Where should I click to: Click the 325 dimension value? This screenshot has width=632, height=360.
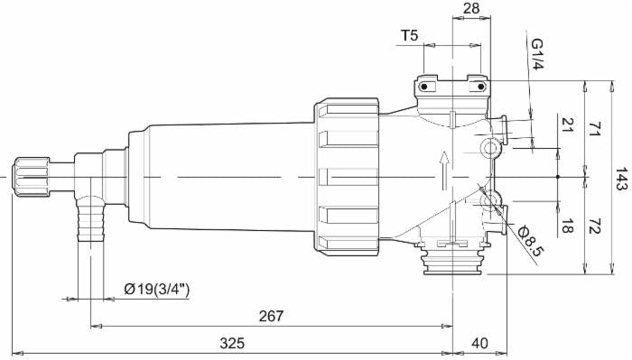click(x=232, y=344)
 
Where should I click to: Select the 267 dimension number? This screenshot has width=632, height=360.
click(x=271, y=316)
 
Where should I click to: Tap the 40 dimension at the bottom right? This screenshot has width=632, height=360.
click(x=479, y=344)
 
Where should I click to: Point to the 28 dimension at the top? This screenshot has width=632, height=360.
click(x=471, y=8)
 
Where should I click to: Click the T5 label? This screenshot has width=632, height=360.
click(x=410, y=36)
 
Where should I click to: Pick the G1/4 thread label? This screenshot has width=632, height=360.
click(x=537, y=54)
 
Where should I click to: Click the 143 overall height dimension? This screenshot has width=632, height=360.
click(x=621, y=179)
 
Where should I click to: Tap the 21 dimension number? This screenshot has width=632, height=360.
click(x=567, y=125)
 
